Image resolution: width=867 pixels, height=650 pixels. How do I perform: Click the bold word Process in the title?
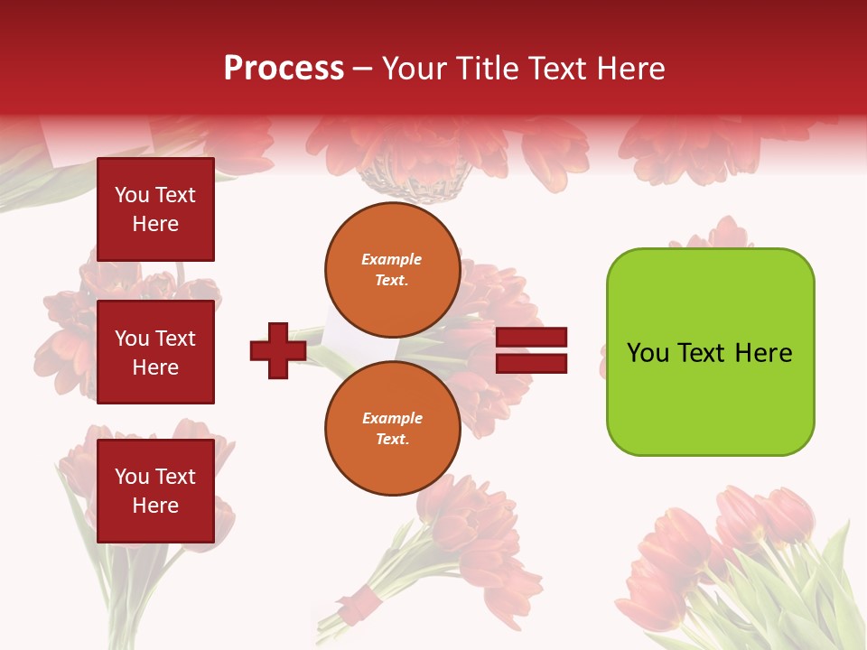point(284,69)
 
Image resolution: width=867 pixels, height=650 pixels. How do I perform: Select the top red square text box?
point(155,209)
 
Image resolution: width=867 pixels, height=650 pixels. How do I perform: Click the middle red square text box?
point(155,352)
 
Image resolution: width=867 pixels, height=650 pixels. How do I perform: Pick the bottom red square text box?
point(155,491)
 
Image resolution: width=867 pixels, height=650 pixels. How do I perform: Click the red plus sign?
point(277,351)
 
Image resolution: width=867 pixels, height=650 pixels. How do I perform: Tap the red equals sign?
point(531,351)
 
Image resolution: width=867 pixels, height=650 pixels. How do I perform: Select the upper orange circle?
point(392,269)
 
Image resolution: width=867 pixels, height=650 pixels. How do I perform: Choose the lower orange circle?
point(392,428)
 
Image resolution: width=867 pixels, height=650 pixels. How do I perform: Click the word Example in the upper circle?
point(392,259)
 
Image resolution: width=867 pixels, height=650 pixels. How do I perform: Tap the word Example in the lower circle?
point(392,418)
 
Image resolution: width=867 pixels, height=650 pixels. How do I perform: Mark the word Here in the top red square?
point(155,224)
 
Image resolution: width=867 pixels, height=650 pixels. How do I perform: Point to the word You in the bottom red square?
point(132,477)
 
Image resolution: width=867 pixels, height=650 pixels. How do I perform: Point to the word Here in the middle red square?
point(155,367)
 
